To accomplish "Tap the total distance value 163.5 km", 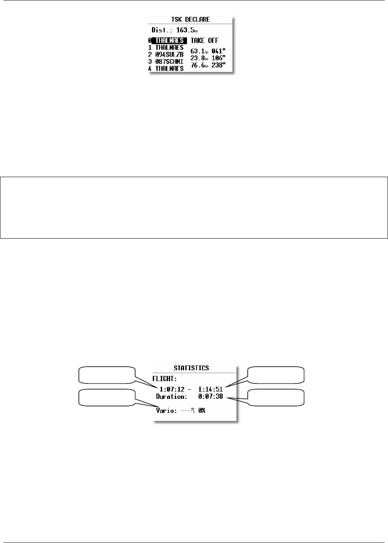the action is [x=187, y=30].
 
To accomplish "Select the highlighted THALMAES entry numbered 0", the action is [x=169, y=41].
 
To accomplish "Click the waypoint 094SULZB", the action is [x=169, y=55].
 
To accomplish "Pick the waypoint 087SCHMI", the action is [x=169, y=61].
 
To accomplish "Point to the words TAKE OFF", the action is [x=205, y=41].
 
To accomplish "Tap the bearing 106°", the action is [x=219, y=58].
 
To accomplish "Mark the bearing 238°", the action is [x=219, y=65].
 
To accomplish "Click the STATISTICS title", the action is [x=191, y=368].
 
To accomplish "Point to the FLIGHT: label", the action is [x=165, y=378].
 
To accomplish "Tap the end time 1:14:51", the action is [x=210, y=389].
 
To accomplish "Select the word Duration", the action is [x=172, y=396].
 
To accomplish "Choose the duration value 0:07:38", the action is [x=210, y=396].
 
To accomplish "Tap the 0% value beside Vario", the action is [x=202, y=411].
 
